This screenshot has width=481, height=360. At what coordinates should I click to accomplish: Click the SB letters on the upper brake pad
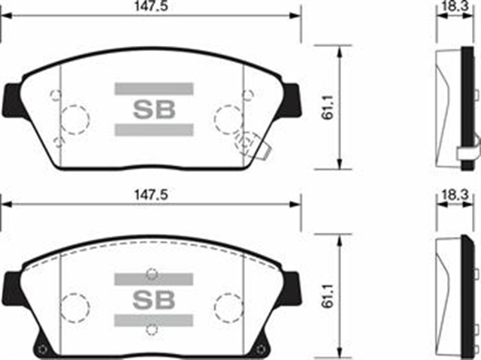coord(154,109)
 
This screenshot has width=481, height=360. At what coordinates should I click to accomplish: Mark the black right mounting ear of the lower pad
coord(292,286)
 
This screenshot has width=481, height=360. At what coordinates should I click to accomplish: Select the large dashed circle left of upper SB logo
coord(74,119)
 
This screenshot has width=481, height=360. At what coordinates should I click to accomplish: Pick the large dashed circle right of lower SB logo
coord(228,307)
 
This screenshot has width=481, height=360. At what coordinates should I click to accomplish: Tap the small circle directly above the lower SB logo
coord(153,272)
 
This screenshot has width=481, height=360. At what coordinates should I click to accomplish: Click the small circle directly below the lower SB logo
coord(153,328)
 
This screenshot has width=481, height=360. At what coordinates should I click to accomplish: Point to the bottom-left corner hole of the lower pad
coord(43,348)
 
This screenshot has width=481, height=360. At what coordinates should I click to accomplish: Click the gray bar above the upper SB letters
coord(154,89)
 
